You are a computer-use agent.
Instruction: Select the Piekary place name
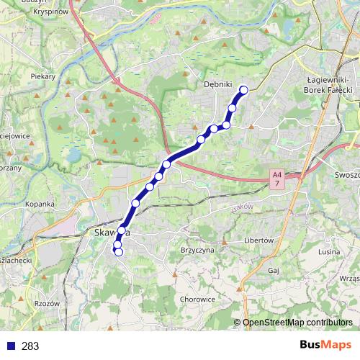tap(43, 75)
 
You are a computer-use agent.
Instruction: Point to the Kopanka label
tap(40, 204)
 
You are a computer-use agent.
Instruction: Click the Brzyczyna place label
tap(197, 250)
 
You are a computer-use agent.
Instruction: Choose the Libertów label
tap(259, 240)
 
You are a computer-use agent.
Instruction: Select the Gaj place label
tap(273, 270)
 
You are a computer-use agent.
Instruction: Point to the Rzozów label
tap(47, 303)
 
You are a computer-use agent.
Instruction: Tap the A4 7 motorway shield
tap(277, 179)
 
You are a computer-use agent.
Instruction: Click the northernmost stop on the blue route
tap(243, 90)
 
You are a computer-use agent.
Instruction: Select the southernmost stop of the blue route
tap(119, 252)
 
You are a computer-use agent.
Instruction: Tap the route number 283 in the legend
tap(30, 346)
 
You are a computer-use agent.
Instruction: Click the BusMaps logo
tap(325, 346)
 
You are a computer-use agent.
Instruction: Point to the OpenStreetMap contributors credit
tap(297, 323)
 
